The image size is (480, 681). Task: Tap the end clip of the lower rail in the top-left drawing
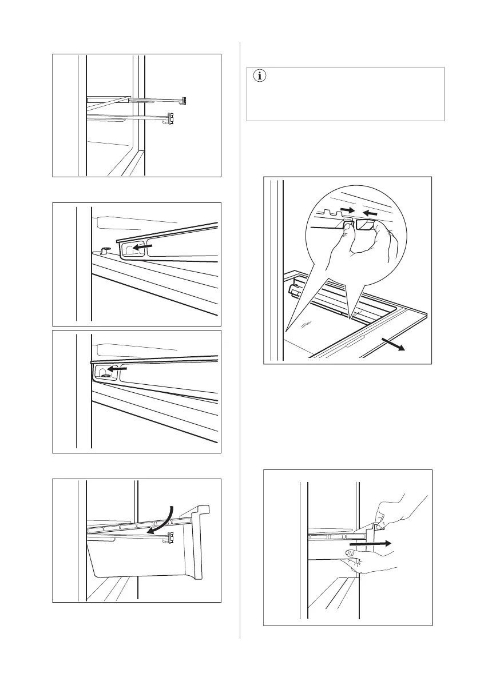click(171, 119)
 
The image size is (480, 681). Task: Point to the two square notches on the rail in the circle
click(327, 213)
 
